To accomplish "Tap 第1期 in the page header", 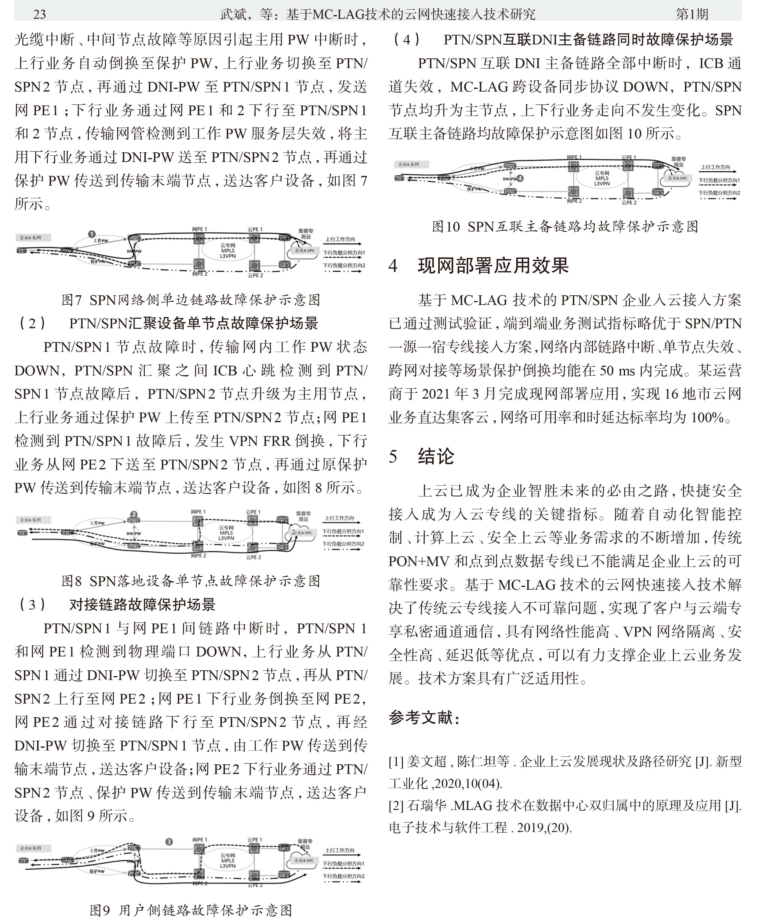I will pos(692,15).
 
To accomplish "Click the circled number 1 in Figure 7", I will pos(92,234).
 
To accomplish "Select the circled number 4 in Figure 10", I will pos(520,178).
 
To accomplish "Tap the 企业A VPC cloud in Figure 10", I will pos(677,178).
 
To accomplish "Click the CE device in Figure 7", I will pos(21,251).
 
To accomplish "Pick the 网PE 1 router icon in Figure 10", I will pos(572,166).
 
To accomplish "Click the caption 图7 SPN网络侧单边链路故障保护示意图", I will pos(191,300).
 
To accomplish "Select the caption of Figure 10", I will pos(565,226).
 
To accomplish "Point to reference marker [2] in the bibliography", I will pos(396,805).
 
